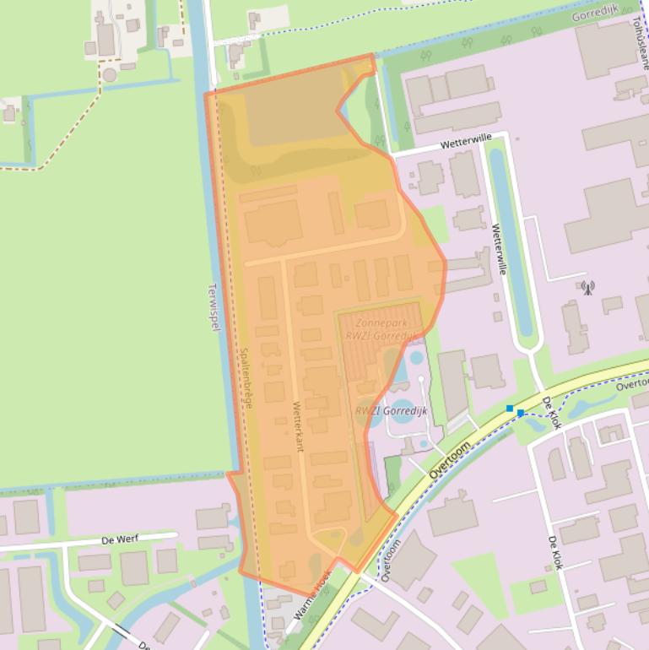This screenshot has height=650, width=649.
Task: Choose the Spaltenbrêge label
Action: (x=246, y=379)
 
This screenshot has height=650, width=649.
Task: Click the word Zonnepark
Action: (x=383, y=322)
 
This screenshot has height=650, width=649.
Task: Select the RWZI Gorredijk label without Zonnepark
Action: (x=392, y=411)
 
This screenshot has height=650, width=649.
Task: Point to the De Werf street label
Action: (x=119, y=538)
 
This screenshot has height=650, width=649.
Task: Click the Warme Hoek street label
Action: (x=312, y=599)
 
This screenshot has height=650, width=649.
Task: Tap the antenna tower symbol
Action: (x=587, y=288)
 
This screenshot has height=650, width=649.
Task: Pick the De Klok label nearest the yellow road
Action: (x=551, y=413)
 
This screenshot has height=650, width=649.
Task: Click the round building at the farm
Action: (x=109, y=75)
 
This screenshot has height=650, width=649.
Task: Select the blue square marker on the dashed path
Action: (x=510, y=409)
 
